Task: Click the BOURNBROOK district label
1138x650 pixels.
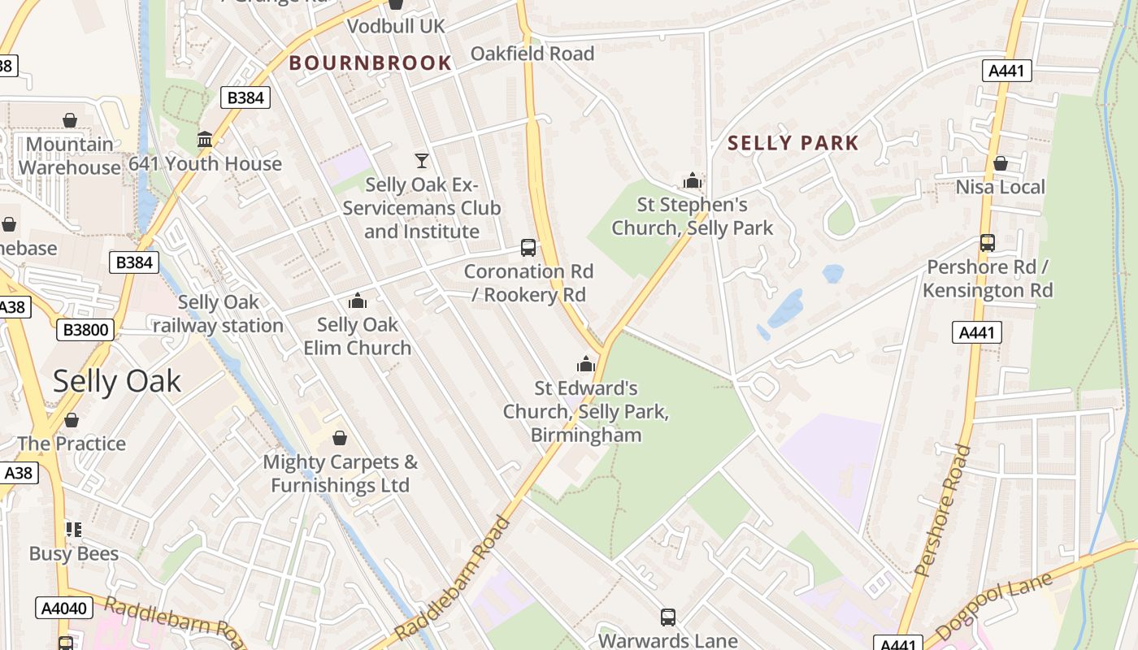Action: click(x=371, y=63)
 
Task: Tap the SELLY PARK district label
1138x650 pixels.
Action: click(x=793, y=144)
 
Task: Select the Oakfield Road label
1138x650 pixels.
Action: click(x=532, y=54)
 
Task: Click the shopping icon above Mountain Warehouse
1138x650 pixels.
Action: click(x=70, y=121)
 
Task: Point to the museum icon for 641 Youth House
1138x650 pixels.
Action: click(x=205, y=140)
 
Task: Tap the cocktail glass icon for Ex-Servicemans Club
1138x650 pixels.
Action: click(x=421, y=160)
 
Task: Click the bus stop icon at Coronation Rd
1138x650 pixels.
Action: click(x=528, y=248)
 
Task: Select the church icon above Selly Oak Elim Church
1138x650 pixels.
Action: click(x=357, y=301)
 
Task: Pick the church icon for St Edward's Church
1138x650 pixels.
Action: click(x=586, y=364)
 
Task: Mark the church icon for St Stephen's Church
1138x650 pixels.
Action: click(x=693, y=180)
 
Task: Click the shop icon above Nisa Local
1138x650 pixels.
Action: click(x=1000, y=163)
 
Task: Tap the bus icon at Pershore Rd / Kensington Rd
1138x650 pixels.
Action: click(x=988, y=243)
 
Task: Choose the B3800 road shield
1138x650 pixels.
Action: click(x=85, y=330)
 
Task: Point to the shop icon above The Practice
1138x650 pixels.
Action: click(x=72, y=420)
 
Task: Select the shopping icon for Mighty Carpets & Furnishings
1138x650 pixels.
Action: click(x=340, y=439)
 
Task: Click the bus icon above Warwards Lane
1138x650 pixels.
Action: click(x=667, y=617)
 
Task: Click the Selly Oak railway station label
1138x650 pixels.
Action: click(x=218, y=314)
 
